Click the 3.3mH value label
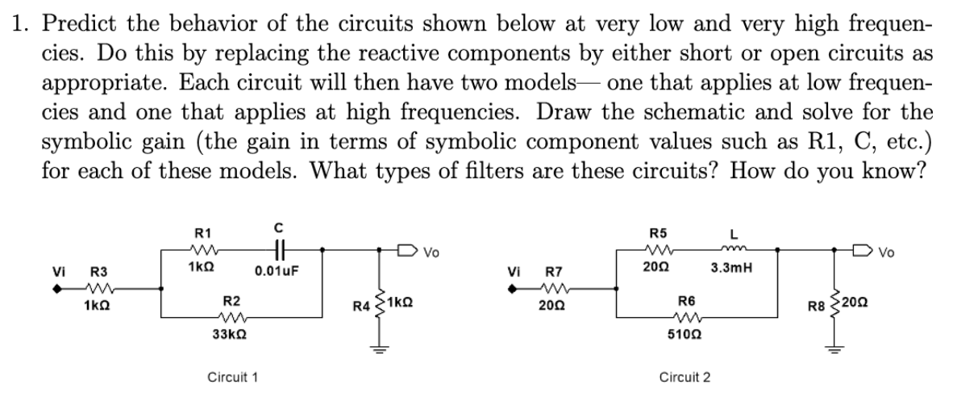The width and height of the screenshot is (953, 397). point(730,267)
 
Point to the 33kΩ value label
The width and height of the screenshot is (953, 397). point(229,335)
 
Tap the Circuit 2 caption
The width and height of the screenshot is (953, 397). point(685,377)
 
